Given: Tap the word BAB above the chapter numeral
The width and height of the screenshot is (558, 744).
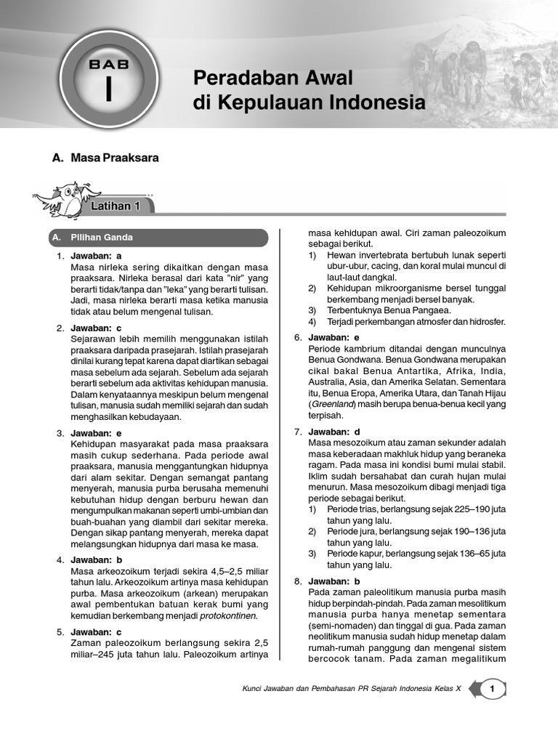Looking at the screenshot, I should click(108, 63).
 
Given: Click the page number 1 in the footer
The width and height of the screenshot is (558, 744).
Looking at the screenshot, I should click(493, 690).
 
